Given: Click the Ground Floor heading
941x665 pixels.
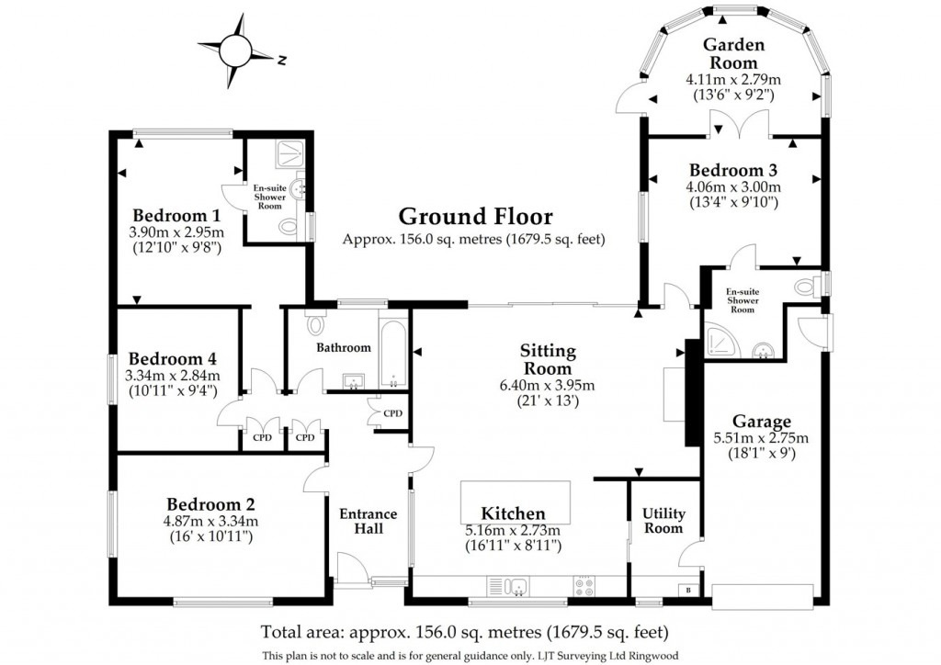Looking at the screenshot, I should click(x=475, y=217).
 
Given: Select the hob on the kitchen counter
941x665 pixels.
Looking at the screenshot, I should click(x=584, y=585).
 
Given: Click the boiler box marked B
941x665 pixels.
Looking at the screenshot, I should click(x=689, y=590).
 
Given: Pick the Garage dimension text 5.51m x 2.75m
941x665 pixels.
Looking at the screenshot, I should click(x=762, y=437).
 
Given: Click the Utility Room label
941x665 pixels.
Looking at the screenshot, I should click(x=663, y=521).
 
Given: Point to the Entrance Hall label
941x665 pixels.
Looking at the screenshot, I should click(x=368, y=521).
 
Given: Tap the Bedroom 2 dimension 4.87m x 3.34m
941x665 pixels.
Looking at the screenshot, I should click(x=211, y=522).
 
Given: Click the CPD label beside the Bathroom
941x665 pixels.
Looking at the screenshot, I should click(x=393, y=413).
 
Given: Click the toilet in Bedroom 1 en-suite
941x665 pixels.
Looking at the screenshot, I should click(x=290, y=227).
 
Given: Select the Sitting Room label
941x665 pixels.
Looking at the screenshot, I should click(x=548, y=359).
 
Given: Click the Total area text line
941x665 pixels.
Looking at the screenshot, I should click(x=464, y=633).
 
